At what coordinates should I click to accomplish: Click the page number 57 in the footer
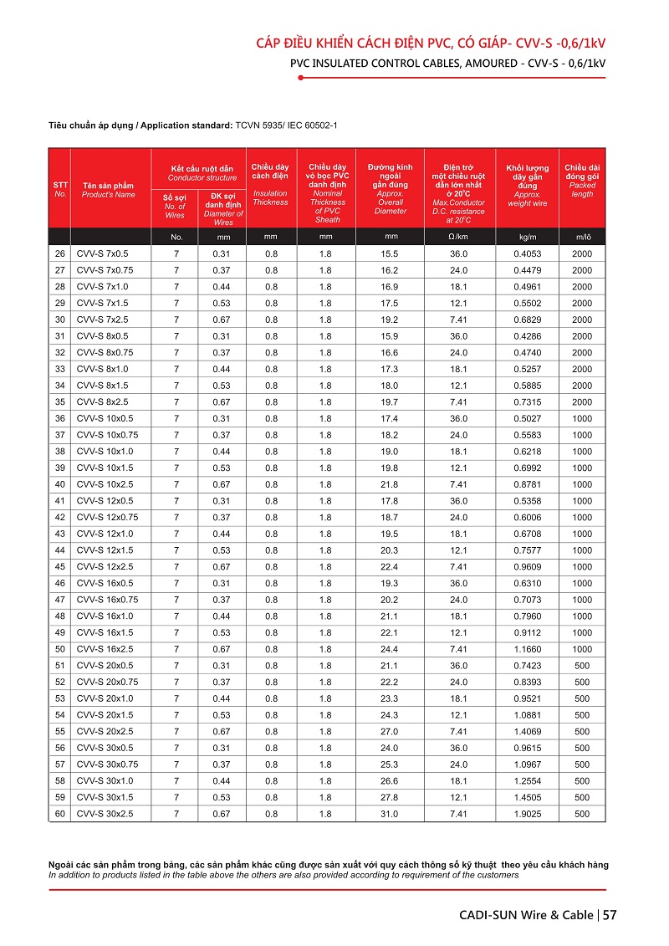[x=610, y=914]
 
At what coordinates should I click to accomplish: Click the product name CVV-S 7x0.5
[x=102, y=253]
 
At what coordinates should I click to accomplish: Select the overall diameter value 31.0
[x=389, y=814]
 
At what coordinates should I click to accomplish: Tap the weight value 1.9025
[x=527, y=814]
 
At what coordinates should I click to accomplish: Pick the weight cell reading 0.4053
[x=527, y=253]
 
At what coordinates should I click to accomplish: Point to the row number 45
[x=59, y=567]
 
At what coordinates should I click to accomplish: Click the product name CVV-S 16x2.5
[x=105, y=649]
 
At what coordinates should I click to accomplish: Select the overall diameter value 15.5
[x=389, y=253]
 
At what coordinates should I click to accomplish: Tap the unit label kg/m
[x=527, y=237]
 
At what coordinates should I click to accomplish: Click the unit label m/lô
[x=582, y=237]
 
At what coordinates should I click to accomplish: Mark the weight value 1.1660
[x=527, y=649]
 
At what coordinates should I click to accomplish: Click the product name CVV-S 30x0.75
[x=107, y=764]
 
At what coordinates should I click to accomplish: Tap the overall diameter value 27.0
[x=389, y=732]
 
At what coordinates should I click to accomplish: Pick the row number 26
[x=59, y=253]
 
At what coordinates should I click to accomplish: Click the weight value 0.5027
[x=527, y=418]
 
